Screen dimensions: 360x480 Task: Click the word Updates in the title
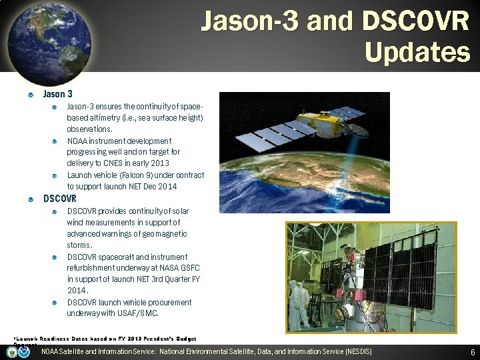[x=417, y=52]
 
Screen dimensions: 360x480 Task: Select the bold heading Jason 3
[x=58, y=95]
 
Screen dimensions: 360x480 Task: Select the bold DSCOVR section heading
[x=60, y=199]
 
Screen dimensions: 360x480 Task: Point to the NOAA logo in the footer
[x=24, y=352]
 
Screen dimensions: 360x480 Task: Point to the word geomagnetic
[x=161, y=234]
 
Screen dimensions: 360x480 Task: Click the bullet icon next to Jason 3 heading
[x=31, y=95]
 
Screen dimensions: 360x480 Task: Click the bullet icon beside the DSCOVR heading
[x=31, y=199]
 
